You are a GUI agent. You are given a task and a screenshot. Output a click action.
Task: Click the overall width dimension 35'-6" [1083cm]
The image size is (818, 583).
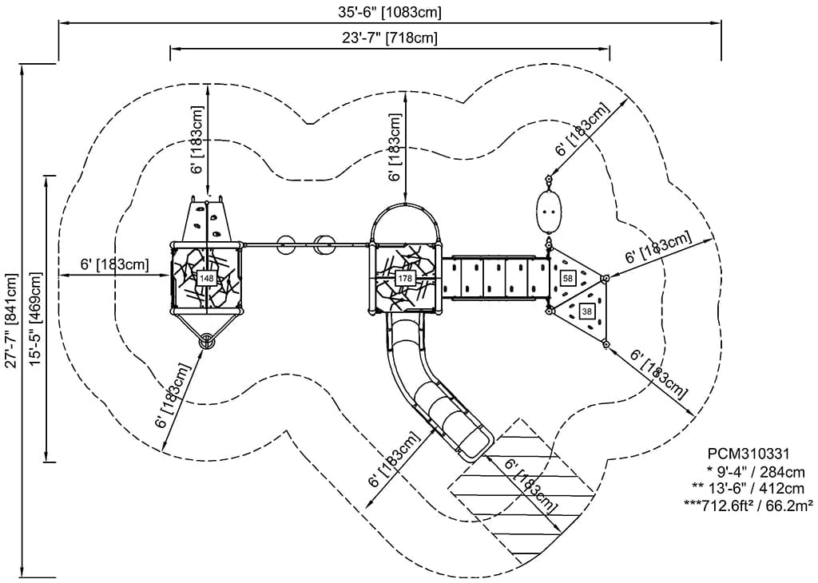[390, 12]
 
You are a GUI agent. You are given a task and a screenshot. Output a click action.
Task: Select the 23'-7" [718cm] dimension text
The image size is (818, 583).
[390, 38]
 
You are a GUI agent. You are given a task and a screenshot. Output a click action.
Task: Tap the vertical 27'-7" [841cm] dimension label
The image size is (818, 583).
[11, 320]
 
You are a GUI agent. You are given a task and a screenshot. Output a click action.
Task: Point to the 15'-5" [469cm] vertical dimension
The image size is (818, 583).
[36, 320]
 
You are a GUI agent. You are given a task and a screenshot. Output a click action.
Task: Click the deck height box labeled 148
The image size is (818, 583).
[207, 278]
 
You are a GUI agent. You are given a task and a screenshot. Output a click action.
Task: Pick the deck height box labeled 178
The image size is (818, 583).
[405, 278]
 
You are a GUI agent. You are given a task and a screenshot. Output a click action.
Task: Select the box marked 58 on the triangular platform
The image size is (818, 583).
[568, 278]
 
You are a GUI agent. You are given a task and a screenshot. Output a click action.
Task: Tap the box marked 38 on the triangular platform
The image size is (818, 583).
[587, 311]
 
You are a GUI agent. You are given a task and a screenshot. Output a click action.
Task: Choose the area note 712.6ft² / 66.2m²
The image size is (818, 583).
[749, 505]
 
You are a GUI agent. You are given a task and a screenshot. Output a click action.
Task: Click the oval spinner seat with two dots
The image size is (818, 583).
[549, 210]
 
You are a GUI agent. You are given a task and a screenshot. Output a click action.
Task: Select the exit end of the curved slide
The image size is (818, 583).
[475, 444]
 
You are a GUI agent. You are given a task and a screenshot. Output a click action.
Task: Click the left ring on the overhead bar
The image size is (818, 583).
[285, 244]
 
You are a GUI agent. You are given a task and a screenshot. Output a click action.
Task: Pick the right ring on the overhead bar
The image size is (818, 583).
[324, 244]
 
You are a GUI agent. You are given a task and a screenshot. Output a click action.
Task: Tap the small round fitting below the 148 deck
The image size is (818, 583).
[208, 342]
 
